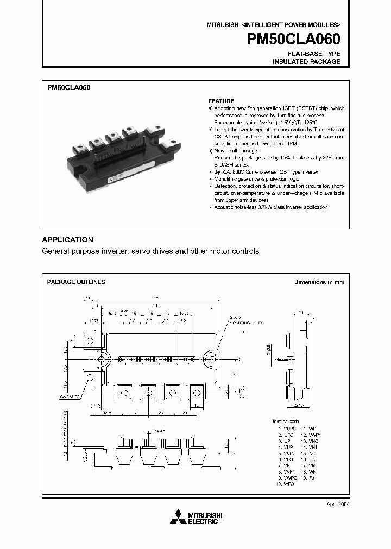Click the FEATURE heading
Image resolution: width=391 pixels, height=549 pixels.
point(221,101)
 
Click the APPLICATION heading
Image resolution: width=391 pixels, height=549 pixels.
point(68,240)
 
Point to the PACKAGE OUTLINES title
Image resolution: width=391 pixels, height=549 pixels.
point(76,282)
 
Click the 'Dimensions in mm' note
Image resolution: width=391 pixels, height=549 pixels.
point(319,282)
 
